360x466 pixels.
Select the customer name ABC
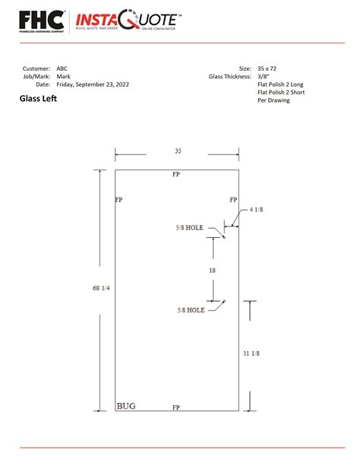pos(62,68)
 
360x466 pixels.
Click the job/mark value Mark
pos(63,77)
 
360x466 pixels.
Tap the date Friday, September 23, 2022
pos(93,85)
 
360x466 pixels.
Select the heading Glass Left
pos(38,99)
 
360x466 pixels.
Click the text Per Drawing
pos(273,101)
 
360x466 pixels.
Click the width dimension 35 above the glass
pos(178,151)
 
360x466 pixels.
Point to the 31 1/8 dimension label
pos(251,353)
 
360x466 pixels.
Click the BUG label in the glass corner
pos(126,406)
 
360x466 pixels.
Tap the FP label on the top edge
pos(176,175)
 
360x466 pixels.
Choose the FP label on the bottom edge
pos(176,407)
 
